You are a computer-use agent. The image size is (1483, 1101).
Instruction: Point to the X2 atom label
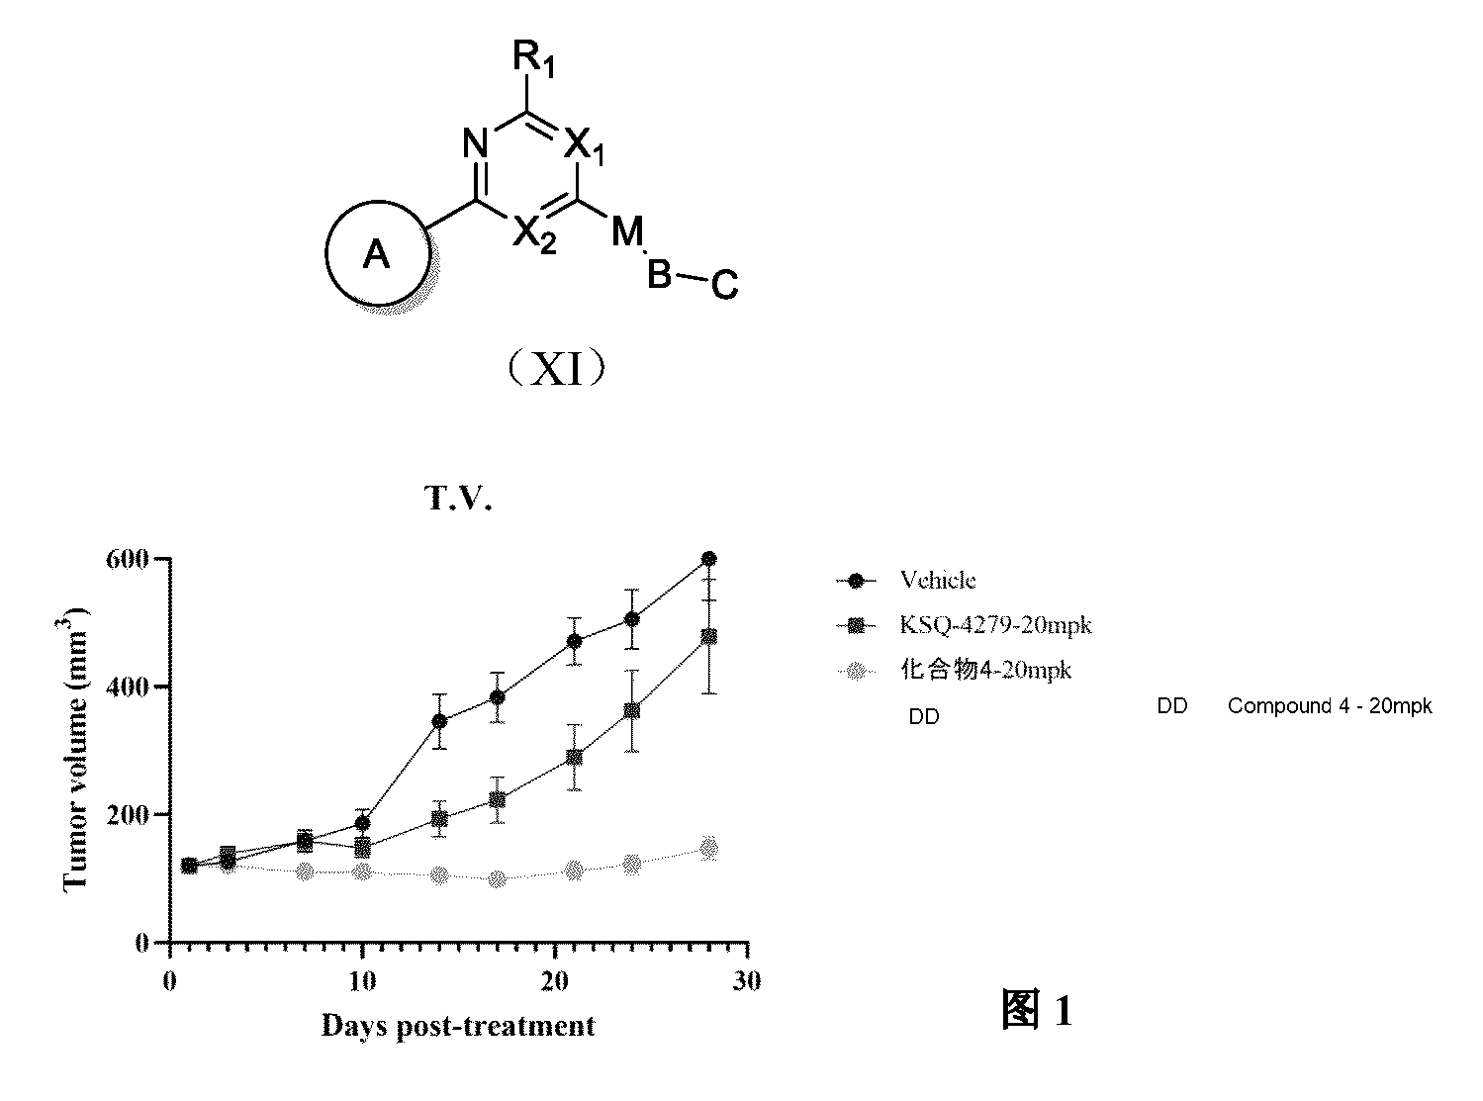point(533,234)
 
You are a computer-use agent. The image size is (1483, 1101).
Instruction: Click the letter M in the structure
point(627,231)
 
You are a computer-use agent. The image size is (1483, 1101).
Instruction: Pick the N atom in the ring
point(476,143)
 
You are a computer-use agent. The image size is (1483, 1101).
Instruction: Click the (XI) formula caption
point(556,368)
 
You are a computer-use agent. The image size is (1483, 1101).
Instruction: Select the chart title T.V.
point(458,498)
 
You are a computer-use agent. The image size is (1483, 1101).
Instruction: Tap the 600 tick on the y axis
point(127,559)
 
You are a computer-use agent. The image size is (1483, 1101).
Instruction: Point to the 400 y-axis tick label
point(127,688)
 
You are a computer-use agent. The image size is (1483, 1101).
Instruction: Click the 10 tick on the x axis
point(362,981)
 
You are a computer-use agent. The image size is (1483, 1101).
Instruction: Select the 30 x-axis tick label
point(747,980)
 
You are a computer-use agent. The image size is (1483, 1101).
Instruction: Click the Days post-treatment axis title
point(458,1026)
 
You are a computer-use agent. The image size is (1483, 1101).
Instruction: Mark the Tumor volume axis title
point(73,749)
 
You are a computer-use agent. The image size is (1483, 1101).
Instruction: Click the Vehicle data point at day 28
point(709,559)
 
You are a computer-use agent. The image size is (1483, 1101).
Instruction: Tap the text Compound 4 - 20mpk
point(1330,706)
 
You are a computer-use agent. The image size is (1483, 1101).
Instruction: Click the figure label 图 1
point(1037,1009)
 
